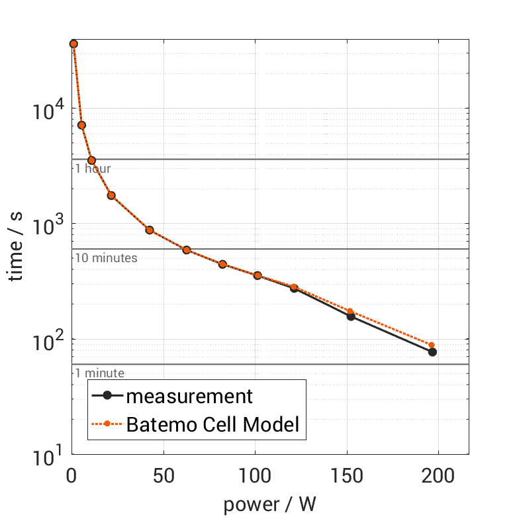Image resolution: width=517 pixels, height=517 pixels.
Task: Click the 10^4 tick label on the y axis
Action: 48,109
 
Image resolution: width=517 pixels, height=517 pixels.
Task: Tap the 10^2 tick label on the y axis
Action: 48,340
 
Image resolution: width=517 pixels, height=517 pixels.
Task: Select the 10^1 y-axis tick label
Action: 48,455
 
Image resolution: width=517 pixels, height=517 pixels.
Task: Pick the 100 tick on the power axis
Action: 255,477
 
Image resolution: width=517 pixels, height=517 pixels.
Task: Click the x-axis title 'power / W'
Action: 270,504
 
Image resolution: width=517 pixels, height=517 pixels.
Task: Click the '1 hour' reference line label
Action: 92,168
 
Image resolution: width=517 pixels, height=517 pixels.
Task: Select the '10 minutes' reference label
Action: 105,258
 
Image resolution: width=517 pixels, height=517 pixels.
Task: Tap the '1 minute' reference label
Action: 99,373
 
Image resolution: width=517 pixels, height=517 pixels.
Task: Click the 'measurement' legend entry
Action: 189,397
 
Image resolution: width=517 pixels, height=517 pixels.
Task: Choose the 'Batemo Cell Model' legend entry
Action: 213,424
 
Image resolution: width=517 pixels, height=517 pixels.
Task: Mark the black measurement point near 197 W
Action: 432,352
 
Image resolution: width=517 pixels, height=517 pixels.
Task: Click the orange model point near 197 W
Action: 432,345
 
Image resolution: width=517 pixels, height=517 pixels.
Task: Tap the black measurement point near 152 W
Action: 351,316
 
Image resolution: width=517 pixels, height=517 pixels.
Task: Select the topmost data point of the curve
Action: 73,44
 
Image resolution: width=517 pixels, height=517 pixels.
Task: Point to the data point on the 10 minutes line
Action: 187,250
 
